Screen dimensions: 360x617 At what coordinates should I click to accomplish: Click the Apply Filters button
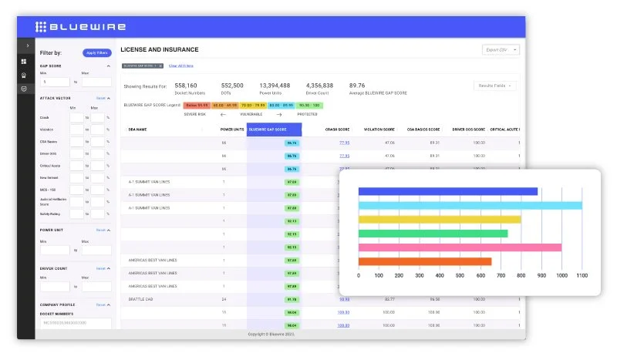tap(97, 52)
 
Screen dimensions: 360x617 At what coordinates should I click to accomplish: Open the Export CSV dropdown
tap(501, 49)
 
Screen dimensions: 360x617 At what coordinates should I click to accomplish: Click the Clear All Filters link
tap(181, 66)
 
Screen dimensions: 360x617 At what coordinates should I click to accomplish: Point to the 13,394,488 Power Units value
tap(275, 86)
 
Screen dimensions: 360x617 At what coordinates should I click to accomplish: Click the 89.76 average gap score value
tap(357, 86)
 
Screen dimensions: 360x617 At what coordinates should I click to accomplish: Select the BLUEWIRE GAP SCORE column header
tap(274, 130)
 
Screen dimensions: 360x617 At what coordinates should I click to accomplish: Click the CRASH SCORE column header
tap(337, 130)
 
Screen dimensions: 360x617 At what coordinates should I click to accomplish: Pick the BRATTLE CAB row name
tap(140, 298)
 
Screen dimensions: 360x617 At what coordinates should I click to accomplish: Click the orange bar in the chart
tap(424, 261)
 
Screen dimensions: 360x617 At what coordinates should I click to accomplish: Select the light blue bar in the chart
tap(470, 205)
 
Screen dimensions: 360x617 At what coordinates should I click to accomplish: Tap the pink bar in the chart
tap(460, 247)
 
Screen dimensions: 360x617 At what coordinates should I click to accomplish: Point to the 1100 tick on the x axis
tap(582, 275)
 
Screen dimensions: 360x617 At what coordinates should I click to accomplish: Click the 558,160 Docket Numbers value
tap(186, 86)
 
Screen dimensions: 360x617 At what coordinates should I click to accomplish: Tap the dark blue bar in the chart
tap(447, 191)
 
